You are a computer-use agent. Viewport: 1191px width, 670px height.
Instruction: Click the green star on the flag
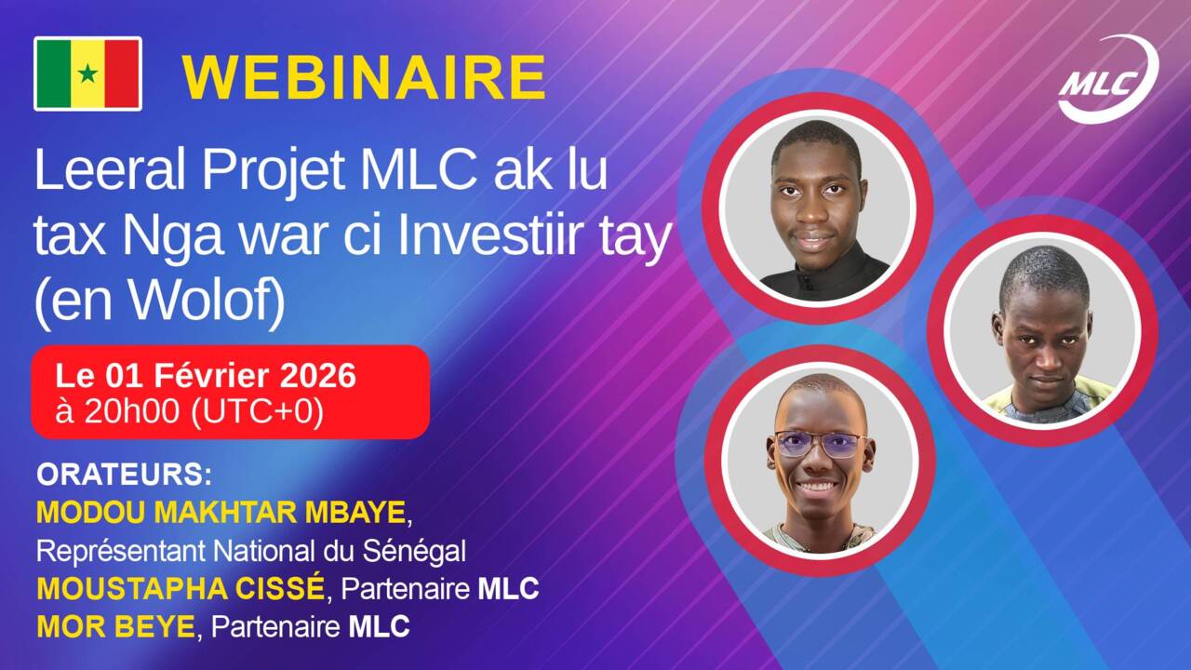point(87,74)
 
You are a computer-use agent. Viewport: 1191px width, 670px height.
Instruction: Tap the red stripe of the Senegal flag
point(122,74)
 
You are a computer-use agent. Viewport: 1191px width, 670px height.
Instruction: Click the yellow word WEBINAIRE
point(364,77)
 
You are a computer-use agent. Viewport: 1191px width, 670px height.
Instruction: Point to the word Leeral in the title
point(110,169)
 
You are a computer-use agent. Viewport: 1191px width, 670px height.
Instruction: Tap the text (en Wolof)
point(159,301)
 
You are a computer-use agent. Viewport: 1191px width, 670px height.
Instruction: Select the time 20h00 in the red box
point(131,411)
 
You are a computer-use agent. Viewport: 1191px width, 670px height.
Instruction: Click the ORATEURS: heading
point(124,475)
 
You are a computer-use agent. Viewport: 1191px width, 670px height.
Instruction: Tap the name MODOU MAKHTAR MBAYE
point(221,513)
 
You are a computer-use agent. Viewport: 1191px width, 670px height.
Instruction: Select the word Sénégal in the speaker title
point(414,551)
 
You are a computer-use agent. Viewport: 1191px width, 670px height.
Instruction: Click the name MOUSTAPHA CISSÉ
point(181,589)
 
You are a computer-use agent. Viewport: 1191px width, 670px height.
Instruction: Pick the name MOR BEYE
point(116,627)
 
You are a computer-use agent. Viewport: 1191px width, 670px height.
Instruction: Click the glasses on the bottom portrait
point(819,444)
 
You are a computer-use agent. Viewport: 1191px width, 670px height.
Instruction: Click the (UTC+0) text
point(257,412)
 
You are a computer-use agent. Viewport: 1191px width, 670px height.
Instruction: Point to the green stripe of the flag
point(53,74)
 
